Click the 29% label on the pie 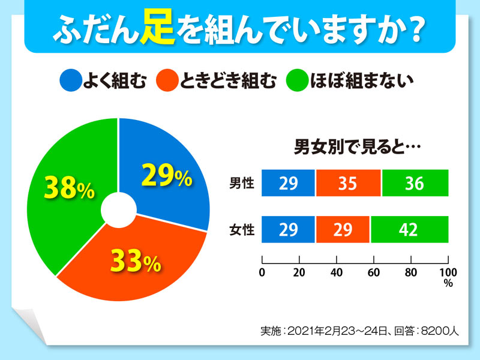(166, 176)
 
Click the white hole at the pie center (118, 210)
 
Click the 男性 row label (242, 184)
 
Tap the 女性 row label (242, 229)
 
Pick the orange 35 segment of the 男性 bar (348, 184)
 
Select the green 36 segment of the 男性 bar (415, 184)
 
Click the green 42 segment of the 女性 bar (409, 229)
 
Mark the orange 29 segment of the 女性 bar (343, 229)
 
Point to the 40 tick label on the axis (337, 273)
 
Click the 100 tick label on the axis (448, 273)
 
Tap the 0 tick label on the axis (262, 273)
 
